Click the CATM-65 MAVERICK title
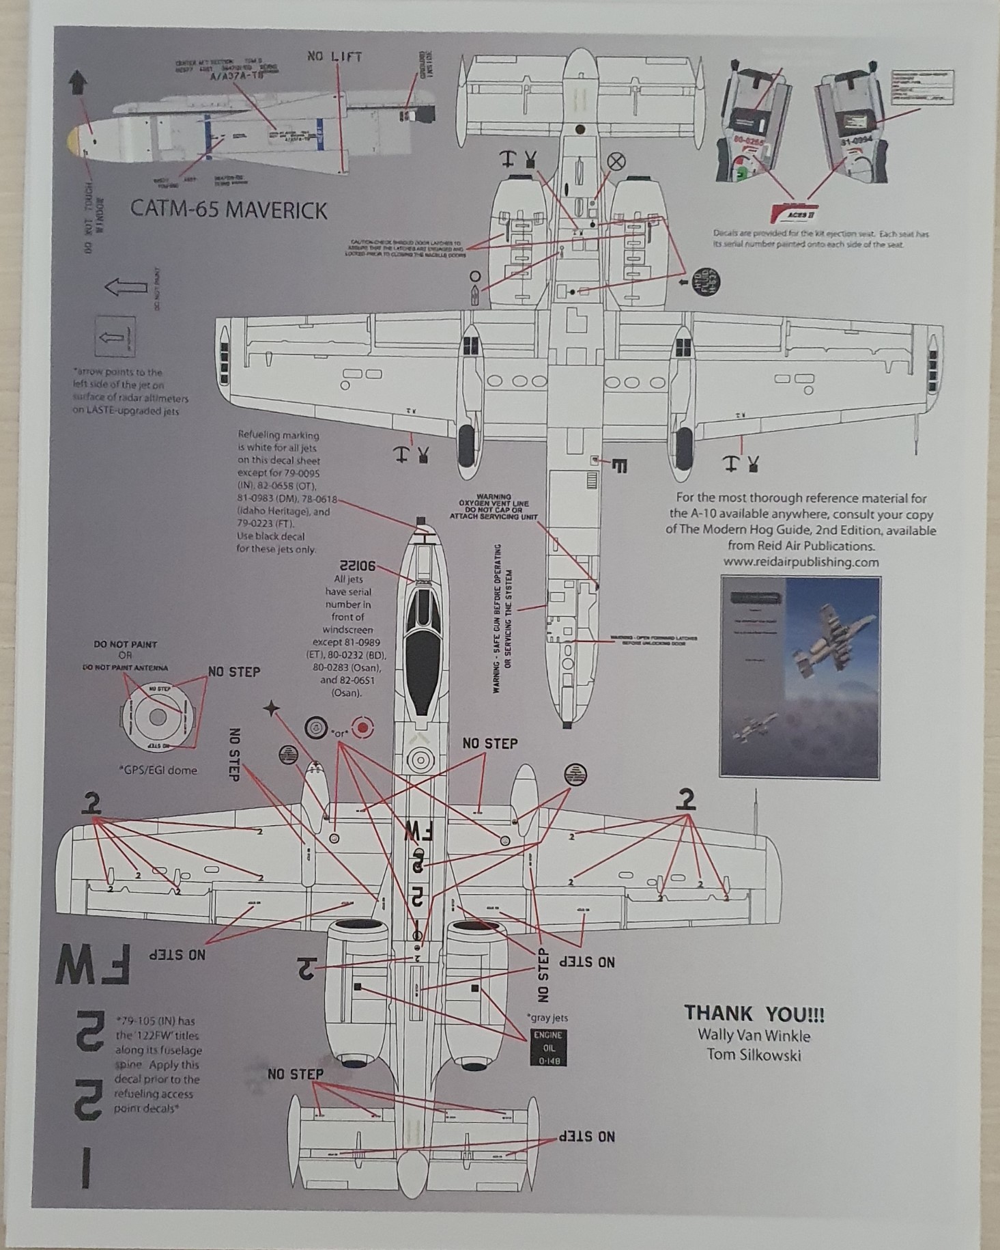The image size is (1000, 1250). [x=229, y=210]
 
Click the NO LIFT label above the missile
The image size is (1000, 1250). [x=334, y=57]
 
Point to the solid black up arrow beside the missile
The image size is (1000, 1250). [x=77, y=83]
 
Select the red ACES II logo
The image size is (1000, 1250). [x=792, y=212]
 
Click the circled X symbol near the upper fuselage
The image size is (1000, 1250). [x=616, y=161]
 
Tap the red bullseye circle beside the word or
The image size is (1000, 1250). [x=362, y=728]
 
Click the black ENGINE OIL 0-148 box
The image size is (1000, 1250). [x=548, y=1048]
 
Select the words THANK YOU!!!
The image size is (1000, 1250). [x=754, y=1014]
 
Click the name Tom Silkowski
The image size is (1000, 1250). [x=754, y=1055]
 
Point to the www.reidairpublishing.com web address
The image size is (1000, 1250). [x=801, y=562]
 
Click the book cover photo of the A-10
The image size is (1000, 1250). [x=799, y=677]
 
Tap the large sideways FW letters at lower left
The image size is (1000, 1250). [x=94, y=965]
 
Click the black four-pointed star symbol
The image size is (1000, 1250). [x=272, y=709]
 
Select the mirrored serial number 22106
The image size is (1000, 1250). [x=356, y=566]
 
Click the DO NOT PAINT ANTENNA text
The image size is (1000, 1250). [x=125, y=667]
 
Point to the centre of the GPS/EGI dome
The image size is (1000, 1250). [x=158, y=717]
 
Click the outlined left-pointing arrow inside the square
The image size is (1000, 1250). [x=115, y=337]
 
